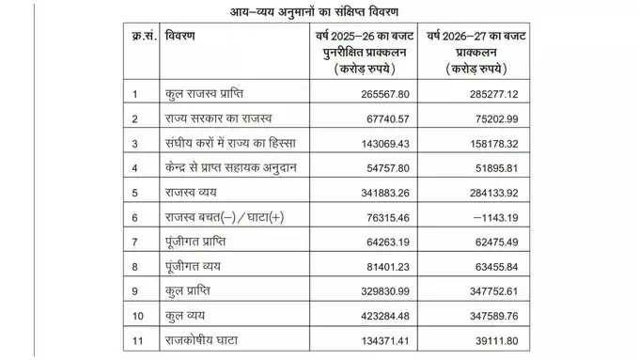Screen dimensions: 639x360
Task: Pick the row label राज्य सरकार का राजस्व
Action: [217, 119]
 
